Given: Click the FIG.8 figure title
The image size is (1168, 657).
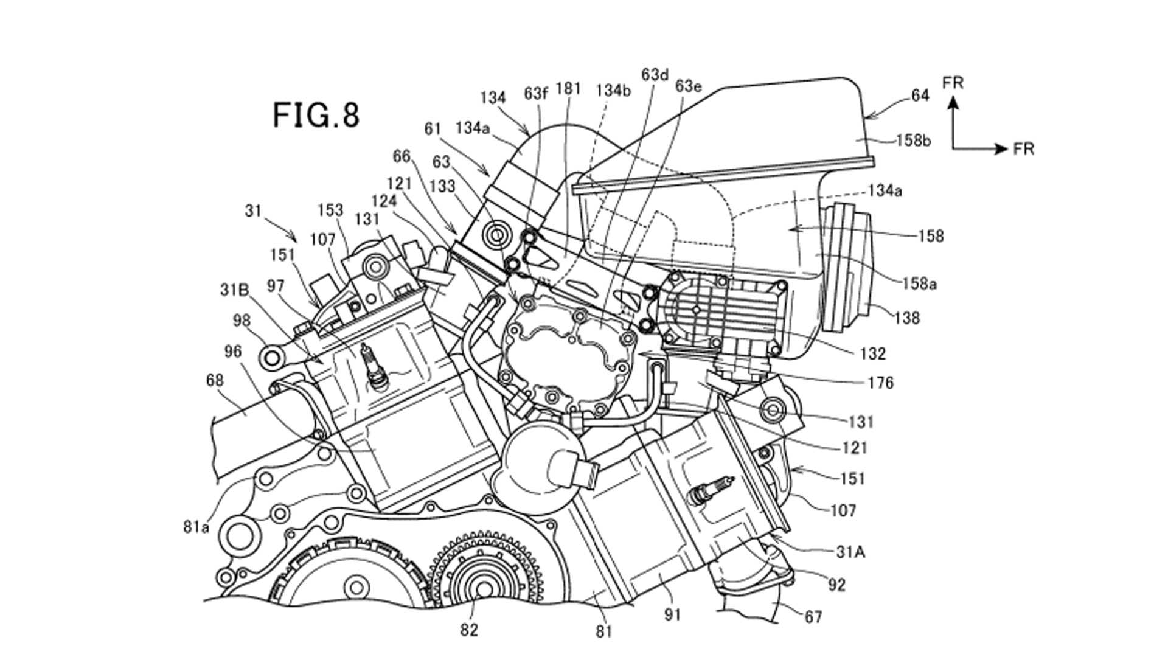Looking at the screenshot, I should (316, 115).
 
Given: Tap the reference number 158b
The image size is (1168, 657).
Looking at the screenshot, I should (914, 141).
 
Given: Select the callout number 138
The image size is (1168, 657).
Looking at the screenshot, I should (907, 317).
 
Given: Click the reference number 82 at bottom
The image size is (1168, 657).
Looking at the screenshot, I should (469, 630).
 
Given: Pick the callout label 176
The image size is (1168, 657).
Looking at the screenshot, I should (881, 383).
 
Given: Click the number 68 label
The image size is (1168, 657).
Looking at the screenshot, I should (215, 380).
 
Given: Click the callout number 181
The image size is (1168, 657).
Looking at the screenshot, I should (568, 89).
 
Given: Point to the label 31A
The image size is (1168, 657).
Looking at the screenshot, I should (851, 552).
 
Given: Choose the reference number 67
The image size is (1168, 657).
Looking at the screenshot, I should (813, 617).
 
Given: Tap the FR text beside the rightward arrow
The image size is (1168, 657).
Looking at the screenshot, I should (1024, 149).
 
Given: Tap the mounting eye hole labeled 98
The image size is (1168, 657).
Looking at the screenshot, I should (271, 357).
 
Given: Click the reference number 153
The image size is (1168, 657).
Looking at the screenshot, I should (330, 210).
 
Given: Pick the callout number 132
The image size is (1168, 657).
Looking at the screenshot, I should (873, 353).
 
